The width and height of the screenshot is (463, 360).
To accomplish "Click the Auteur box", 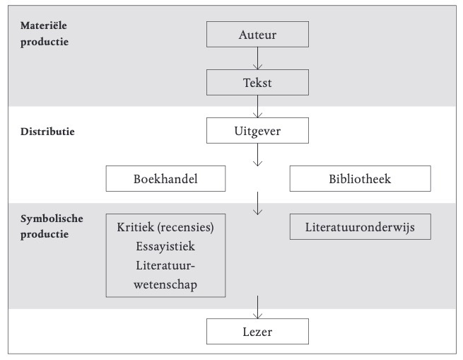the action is pyautogui.click(x=257, y=34).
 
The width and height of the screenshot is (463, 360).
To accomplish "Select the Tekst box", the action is pyautogui.click(x=257, y=83).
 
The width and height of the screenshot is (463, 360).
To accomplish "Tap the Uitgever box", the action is pyautogui.click(x=257, y=131).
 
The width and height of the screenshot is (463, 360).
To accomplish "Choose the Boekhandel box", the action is pyautogui.click(x=165, y=178).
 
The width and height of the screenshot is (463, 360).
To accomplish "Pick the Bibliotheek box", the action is pyautogui.click(x=361, y=178).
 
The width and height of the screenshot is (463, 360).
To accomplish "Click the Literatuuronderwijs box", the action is pyautogui.click(x=361, y=227).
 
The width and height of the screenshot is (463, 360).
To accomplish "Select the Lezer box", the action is pyautogui.click(x=257, y=331).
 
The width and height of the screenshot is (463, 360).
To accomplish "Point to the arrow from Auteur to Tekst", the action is pyautogui.click(x=257, y=59).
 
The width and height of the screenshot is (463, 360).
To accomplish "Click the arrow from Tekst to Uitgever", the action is pyautogui.click(x=257, y=107).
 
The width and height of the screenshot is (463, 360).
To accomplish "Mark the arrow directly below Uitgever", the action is pyautogui.click(x=257, y=155).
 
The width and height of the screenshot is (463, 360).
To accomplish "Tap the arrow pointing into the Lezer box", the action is pyautogui.click(x=257, y=308).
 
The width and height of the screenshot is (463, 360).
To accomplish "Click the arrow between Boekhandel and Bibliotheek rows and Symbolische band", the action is pyautogui.click(x=257, y=204).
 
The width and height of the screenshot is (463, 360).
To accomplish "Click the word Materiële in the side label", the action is pyautogui.click(x=44, y=25).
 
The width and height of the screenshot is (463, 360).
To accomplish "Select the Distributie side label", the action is pyautogui.click(x=47, y=132).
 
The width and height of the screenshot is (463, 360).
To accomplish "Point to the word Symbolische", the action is pyautogui.click(x=52, y=219).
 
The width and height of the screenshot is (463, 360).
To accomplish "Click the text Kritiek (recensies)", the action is pyautogui.click(x=165, y=227).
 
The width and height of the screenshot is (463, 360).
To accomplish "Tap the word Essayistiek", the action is pyautogui.click(x=165, y=246).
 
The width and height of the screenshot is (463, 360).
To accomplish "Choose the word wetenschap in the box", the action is pyautogui.click(x=165, y=284).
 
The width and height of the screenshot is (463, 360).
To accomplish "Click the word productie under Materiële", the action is pyautogui.click(x=45, y=42).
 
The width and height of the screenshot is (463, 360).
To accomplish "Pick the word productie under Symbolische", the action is pyautogui.click(x=45, y=234).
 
